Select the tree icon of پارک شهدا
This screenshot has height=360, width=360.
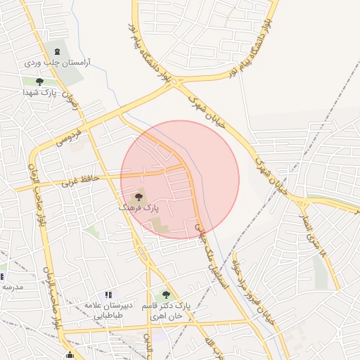(39, 82)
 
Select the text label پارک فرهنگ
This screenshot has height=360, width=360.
(138, 209)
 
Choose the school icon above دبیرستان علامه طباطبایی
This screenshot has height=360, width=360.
(108, 296)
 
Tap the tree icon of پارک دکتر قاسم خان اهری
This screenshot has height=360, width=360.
(166, 295)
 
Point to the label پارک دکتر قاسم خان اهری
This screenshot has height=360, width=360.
(169, 311)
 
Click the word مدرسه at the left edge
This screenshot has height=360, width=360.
(12, 287)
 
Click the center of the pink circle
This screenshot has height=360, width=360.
(180, 179)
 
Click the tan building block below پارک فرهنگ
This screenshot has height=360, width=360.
(159, 226)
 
